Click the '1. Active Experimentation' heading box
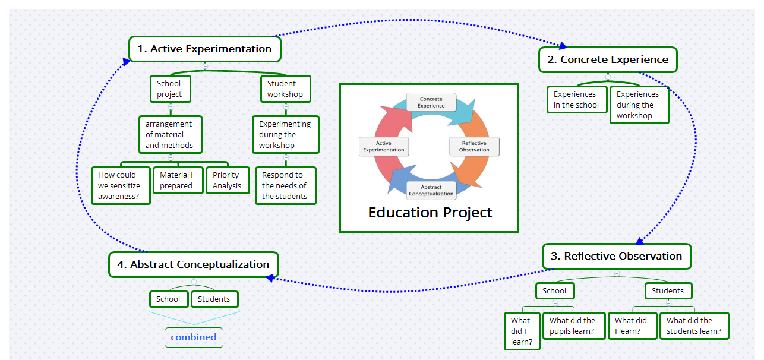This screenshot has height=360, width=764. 204,49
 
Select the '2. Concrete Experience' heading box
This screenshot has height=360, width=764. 608,59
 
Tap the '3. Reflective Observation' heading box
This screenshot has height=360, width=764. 617,256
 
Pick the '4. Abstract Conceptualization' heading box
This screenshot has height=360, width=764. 193,264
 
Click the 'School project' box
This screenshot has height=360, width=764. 170,89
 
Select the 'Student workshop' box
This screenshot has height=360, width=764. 285,89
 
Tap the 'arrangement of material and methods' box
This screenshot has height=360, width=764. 170,134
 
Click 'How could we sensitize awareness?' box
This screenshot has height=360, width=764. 121,185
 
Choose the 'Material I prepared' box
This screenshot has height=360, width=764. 176,180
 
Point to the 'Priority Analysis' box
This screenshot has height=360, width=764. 227,180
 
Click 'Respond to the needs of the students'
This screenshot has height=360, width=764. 285,185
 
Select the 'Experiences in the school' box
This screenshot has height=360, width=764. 576,99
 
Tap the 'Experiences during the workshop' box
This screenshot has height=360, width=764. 639,105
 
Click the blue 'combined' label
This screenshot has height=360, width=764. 194,337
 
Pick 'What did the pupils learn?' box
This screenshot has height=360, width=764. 573,326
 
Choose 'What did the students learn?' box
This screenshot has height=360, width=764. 694,326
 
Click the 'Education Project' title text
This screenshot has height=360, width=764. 430,212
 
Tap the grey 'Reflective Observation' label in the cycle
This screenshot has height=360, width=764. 473,146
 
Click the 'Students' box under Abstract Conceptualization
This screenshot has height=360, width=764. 214,299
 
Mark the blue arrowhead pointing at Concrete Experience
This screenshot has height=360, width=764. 563,46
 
